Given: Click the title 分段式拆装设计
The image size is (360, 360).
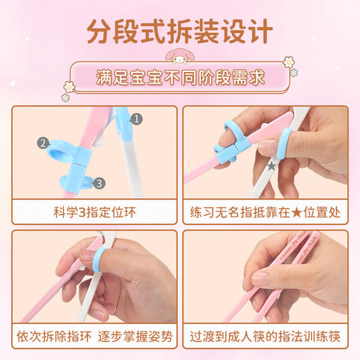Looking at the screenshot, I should [180, 30].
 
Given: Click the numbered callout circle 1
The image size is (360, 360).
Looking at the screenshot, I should [136, 119].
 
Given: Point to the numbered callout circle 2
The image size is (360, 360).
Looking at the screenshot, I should [43, 143].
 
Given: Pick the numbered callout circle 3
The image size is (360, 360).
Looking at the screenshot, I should [99, 183].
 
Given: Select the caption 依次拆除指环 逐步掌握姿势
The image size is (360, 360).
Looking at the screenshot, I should [93, 337].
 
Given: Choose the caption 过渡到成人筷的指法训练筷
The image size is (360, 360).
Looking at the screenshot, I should [267, 337].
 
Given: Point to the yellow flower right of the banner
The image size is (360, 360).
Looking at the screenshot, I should [288, 62].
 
